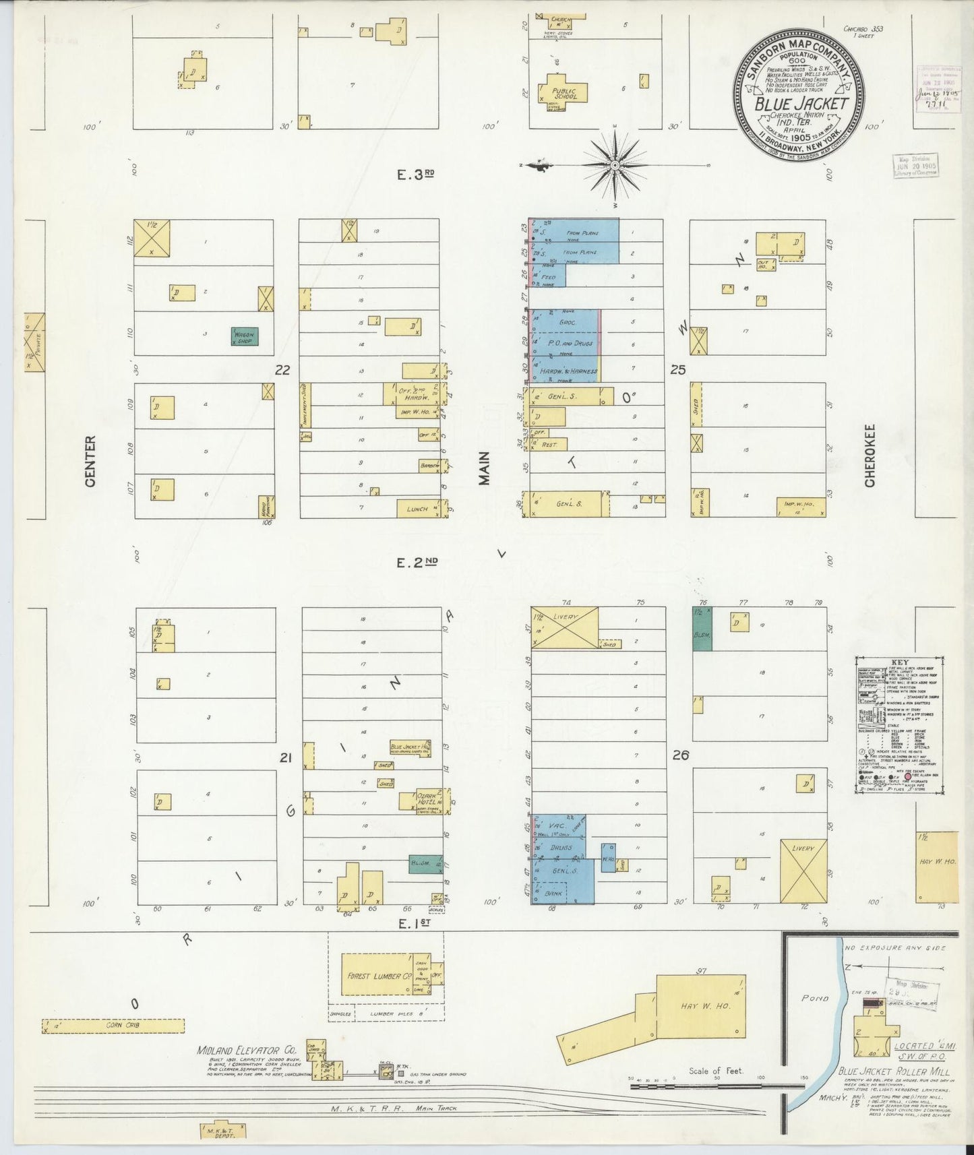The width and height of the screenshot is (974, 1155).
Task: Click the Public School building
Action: pos(564,92)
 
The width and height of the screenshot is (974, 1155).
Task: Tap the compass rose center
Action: pos(615,164)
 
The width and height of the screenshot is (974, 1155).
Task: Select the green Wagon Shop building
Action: pos(244,336)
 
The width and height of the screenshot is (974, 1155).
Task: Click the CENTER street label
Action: pos(91,461)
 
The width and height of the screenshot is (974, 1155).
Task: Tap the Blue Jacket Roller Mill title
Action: pos(894,1071)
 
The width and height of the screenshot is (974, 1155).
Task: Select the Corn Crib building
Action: pos(113,1026)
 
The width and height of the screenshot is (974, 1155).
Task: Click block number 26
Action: pos(680,755)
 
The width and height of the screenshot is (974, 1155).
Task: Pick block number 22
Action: pos(282,369)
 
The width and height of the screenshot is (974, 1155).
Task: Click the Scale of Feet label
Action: pos(715,1070)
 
